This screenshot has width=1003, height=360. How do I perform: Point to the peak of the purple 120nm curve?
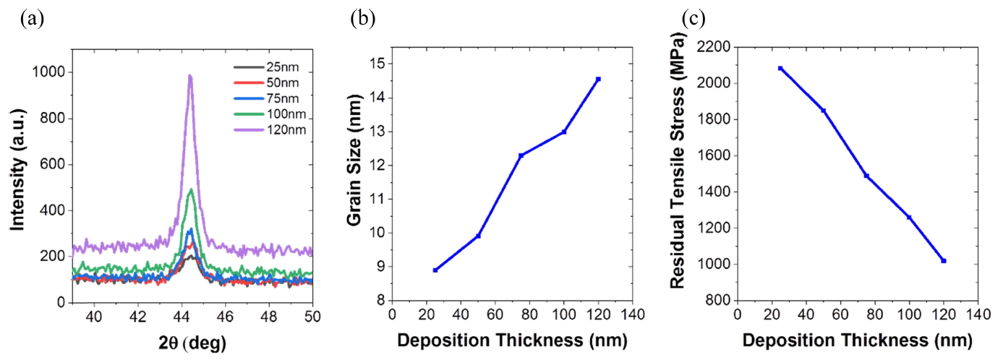189,75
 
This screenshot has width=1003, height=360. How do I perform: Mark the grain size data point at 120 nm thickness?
598,79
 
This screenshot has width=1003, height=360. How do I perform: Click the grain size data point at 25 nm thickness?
435,270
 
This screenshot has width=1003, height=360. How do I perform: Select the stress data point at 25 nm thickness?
780,69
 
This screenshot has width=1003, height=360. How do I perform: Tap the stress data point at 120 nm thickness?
944,260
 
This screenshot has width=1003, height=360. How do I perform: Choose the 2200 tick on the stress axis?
714,48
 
